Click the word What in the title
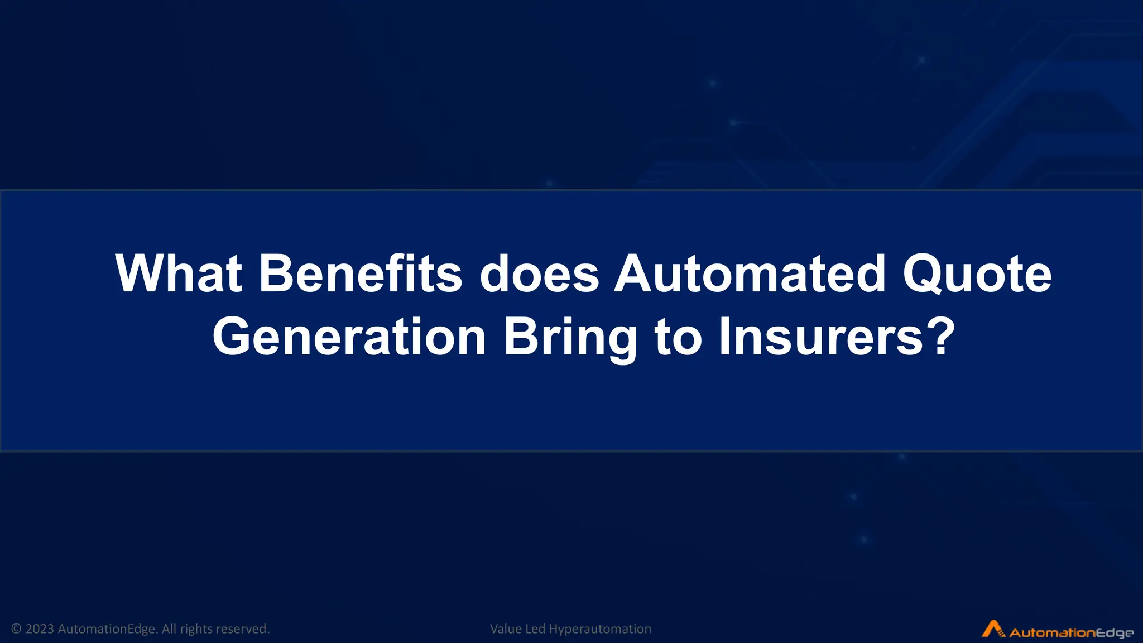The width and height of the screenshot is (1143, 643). coord(179,273)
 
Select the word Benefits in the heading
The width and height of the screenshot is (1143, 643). coord(361,273)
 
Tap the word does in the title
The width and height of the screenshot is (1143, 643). coord(539,273)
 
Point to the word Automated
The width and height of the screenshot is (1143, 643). coord(750,273)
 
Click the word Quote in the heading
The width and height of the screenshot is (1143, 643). coord(977,275)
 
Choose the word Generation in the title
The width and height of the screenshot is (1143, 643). coord(349,337)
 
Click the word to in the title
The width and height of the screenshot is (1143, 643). coord(678,337)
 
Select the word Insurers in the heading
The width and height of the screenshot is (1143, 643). coord(820,337)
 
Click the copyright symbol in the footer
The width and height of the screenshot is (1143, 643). coord(16,629)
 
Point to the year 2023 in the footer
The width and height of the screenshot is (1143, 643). coord(40,629)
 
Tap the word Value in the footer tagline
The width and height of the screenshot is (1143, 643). coord(506,629)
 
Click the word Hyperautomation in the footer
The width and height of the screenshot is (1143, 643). coord(600,629)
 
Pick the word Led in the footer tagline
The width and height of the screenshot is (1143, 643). coord(535,629)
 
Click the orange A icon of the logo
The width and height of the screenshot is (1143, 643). coord(993,628)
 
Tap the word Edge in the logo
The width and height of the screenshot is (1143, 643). coord(1114,633)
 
